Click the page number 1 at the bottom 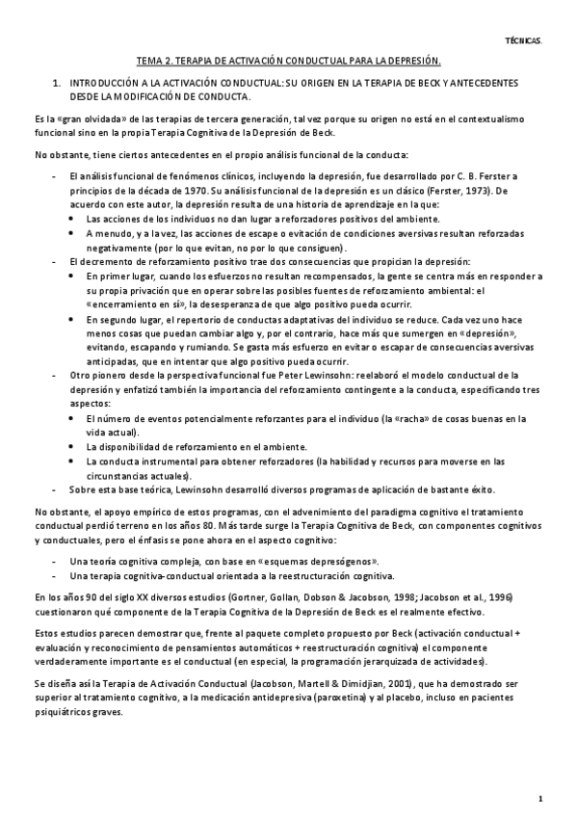(540, 798)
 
